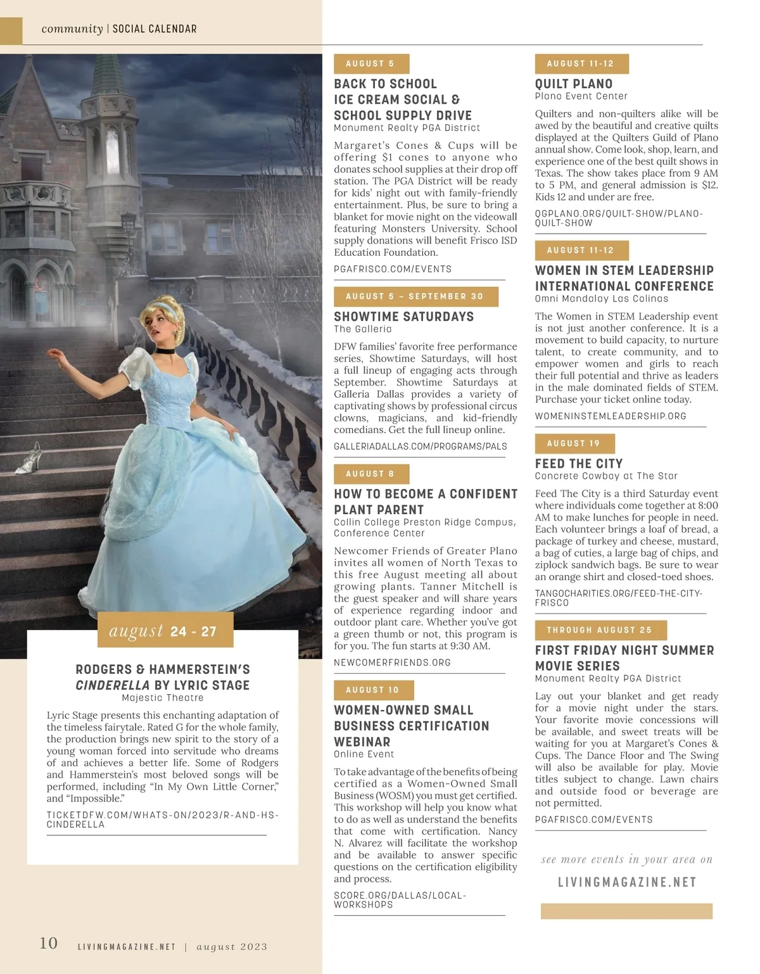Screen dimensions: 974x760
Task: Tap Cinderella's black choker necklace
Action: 166,351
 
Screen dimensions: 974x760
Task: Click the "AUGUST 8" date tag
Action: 370,474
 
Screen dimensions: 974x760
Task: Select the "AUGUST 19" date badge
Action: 574,443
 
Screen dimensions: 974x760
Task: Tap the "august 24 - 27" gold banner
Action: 165,630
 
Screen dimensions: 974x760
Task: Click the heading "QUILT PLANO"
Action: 574,84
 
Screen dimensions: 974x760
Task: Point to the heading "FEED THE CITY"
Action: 579,464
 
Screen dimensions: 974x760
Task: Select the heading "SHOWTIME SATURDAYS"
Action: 403,317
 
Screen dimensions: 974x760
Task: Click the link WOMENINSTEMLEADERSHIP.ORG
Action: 611,416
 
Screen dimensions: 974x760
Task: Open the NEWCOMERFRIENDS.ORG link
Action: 392,662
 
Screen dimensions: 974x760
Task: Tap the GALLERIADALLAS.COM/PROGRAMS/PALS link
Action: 420,446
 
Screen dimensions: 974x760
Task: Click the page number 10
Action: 49,944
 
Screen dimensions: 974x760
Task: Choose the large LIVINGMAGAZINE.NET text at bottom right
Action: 626,882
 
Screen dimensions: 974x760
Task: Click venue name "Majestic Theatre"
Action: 163,698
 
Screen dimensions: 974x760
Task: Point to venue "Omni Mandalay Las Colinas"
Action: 601,298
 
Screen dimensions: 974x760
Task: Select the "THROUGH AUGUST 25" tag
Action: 600,630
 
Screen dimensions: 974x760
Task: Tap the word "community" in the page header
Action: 72,29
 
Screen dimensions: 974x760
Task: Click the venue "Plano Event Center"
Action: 581,96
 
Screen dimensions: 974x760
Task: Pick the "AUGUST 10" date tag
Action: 373,690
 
